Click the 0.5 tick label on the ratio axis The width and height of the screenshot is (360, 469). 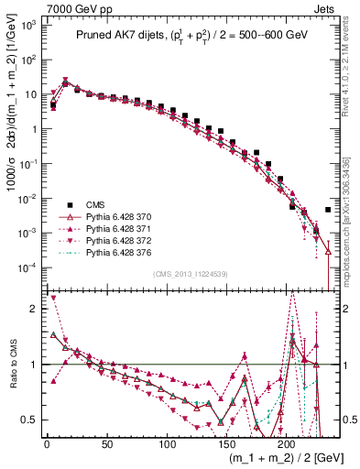click(30, 420)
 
